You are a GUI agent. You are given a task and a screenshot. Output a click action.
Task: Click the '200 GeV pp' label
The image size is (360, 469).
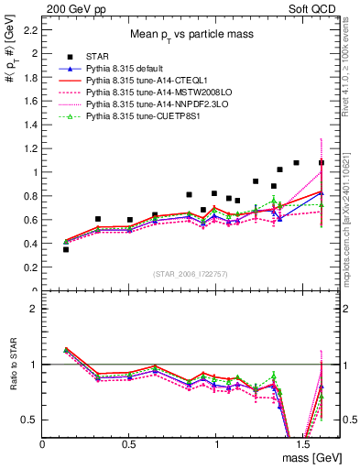[70, 7]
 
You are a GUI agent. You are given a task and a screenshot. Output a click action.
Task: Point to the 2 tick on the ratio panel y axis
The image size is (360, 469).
[33, 309]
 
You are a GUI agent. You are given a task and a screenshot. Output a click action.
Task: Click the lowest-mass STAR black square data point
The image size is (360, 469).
[66, 249]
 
